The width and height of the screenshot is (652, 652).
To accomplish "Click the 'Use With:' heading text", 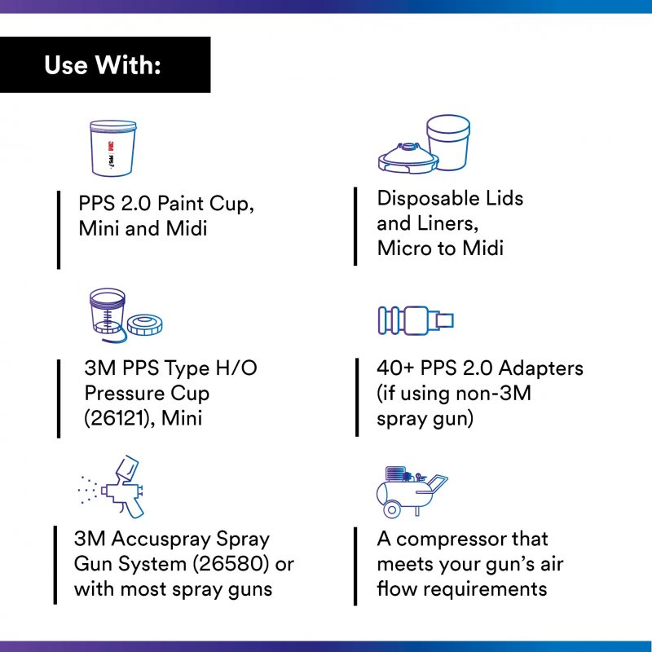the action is click(x=103, y=65).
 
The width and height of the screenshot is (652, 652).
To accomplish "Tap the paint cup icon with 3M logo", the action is click(x=113, y=148).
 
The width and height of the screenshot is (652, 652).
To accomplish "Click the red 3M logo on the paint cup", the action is click(x=111, y=148).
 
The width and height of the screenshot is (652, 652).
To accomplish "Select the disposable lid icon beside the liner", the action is click(x=408, y=158).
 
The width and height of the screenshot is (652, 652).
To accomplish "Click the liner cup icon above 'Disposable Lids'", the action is click(x=448, y=142).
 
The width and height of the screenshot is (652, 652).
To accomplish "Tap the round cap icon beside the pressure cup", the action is click(x=145, y=324).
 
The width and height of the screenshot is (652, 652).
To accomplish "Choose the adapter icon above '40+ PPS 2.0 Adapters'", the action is click(x=416, y=320).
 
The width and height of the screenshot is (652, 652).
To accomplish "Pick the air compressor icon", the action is click(x=412, y=491).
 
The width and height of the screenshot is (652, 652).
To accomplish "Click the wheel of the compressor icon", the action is click(x=392, y=510).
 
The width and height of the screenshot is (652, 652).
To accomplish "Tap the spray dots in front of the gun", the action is click(x=88, y=490).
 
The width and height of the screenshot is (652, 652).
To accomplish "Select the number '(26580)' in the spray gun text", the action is click(x=231, y=564).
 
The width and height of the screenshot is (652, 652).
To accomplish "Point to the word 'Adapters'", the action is click(x=540, y=368).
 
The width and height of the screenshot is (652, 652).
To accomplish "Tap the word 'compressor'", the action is click(x=451, y=540).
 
